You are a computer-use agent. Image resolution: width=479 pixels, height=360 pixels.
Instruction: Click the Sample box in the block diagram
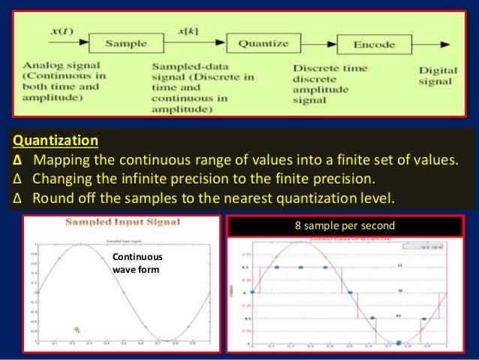point(125,44)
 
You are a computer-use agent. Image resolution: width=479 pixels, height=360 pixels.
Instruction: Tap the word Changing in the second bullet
point(65,180)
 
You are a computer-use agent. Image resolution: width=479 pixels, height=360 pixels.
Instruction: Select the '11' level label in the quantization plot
point(399,265)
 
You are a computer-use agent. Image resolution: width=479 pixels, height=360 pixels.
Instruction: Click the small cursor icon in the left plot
point(77,329)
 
